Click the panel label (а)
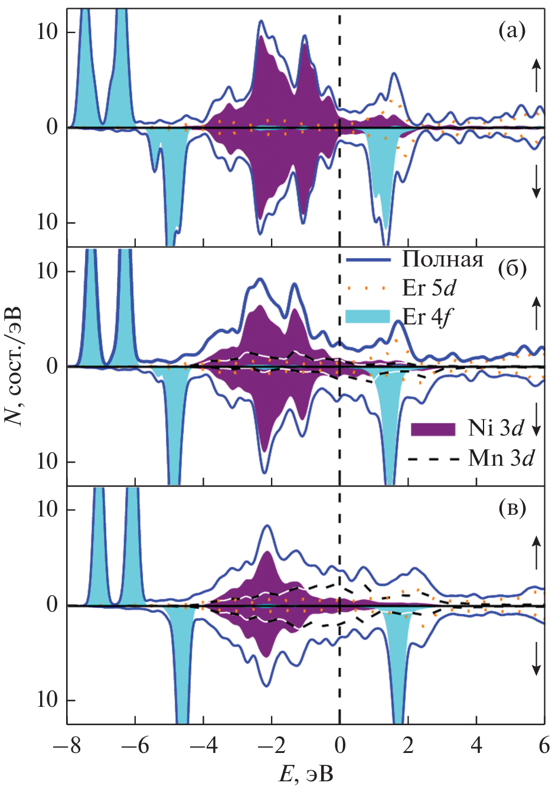click(511, 30)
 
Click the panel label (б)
click(511, 269)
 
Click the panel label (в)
click(511, 508)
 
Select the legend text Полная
click(443, 259)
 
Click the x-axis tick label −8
click(67, 746)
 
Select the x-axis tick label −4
click(203, 746)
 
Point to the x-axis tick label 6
click(544, 746)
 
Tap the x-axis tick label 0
click(339, 746)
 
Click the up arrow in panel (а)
click(536, 75)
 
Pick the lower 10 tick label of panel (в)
click(47, 700)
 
